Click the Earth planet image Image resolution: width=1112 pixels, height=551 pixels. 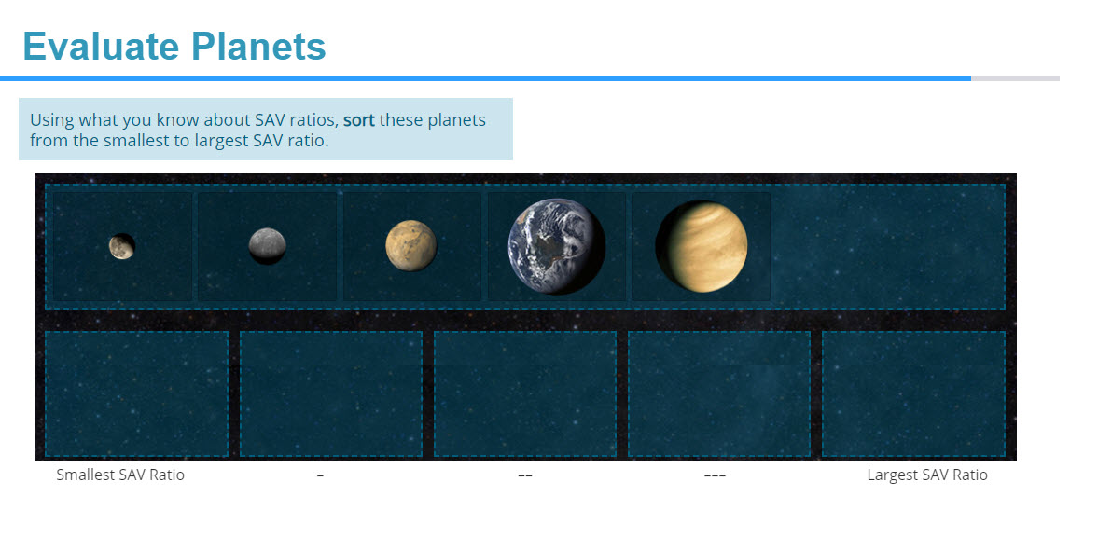point(556,247)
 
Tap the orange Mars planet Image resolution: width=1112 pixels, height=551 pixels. point(411,246)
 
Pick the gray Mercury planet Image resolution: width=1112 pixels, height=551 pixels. point(268,246)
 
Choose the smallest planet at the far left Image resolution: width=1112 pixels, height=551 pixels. point(121,246)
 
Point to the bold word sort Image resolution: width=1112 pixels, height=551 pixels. point(359,120)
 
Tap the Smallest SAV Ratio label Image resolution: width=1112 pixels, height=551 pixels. point(120,475)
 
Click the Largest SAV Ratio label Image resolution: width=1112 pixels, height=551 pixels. point(926,475)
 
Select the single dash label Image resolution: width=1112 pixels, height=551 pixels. point(320,475)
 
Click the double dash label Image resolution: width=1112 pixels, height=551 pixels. point(525,475)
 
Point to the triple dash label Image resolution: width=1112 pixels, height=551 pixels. point(715,475)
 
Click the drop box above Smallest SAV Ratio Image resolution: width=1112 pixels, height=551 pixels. point(136,393)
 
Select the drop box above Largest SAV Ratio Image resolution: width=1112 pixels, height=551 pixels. point(913,393)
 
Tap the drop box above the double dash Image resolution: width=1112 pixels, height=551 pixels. point(525,393)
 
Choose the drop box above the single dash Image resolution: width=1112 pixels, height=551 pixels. point(331,393)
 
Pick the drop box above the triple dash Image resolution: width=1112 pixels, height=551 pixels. point(719,393)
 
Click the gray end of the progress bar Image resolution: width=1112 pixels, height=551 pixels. point(1015,78)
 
